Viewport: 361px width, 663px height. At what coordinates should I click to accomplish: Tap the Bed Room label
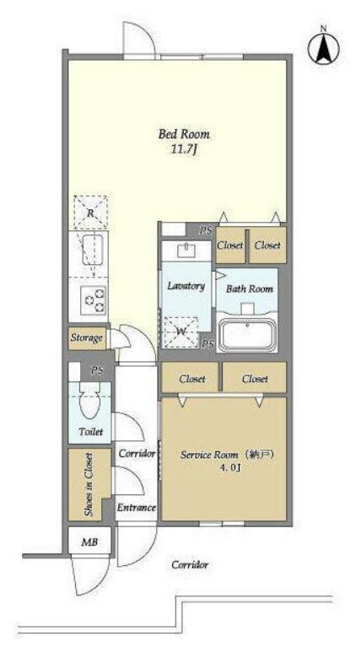pos(184,134)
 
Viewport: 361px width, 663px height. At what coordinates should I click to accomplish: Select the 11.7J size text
pos(185,150)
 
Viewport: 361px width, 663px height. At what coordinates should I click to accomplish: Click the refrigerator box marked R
pos(90,213)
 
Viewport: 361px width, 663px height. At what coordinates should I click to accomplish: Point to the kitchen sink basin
pos(93,250)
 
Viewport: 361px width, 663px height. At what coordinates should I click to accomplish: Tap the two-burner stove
pos(95,299)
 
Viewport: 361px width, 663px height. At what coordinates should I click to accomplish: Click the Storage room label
pos(87,338)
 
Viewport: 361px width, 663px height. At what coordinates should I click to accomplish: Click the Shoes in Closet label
pos(89,484)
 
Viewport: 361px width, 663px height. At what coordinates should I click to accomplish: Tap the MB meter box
pos(89,542)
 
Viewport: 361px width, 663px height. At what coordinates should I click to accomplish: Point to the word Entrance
pos(136,508)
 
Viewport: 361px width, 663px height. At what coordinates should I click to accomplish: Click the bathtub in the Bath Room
pos(248,335)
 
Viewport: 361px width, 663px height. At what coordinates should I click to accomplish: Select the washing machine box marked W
pos(181,332)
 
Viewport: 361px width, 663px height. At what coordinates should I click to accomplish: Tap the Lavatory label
pos(186,286)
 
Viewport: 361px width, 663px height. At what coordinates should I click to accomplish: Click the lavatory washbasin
pos(186,251)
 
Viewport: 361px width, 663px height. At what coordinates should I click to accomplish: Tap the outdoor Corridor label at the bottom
pos(190,564)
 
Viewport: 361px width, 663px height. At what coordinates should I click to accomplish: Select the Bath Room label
pos(250,289)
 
